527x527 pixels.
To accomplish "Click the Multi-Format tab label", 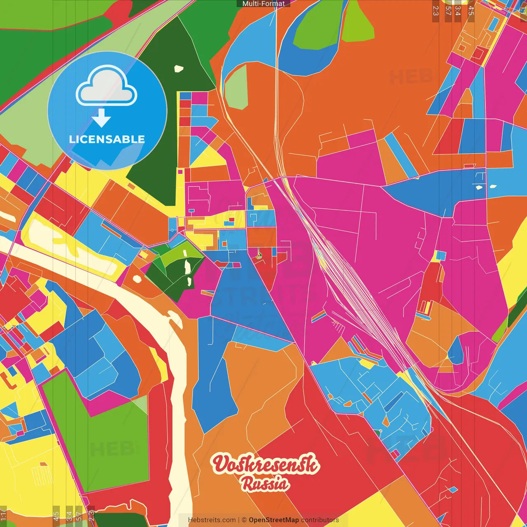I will point(263,4).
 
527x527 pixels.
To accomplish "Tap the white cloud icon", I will point(107,87).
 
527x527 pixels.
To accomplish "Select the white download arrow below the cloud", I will point(101,118).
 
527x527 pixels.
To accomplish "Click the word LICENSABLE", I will point(107,139).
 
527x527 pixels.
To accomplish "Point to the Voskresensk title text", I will point(265,465).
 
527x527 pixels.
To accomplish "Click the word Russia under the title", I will point(265,484).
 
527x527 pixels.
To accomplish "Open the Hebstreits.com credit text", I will point(212,520).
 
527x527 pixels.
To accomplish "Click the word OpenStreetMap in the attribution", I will point(274,520).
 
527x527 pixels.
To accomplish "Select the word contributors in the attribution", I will point(320,520).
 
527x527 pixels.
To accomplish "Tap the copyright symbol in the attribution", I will point(244,520).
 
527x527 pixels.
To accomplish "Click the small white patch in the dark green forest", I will point(178,69).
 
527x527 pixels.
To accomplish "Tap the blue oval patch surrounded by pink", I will point(455,350).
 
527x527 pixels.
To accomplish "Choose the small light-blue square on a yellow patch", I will point(441,256).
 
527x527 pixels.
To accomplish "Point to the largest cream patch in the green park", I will point(187,267).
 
